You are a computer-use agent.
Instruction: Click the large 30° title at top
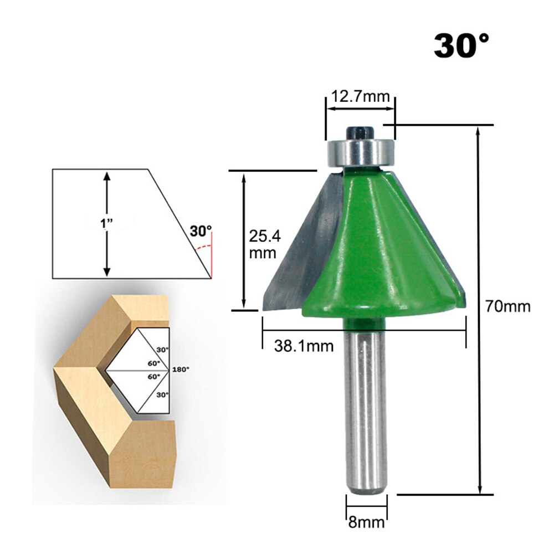point(461,45)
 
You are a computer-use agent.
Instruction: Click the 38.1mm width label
point(304,346)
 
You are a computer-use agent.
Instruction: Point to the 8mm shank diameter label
point(366,521)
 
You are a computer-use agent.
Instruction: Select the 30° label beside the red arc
point(201,231)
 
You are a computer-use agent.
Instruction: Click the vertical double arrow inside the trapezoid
point(107,223)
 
